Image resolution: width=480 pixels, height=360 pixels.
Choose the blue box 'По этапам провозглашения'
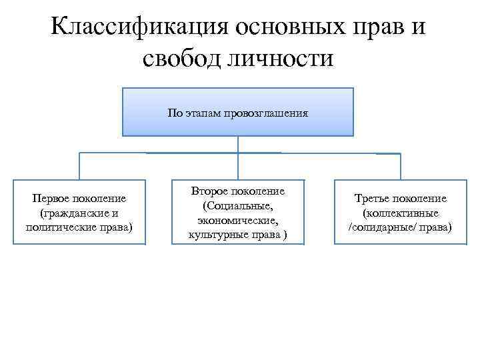click(237, 112)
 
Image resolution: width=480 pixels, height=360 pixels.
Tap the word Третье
click(372, 199)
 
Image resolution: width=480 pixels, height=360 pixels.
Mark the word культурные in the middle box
click(219, 235)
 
